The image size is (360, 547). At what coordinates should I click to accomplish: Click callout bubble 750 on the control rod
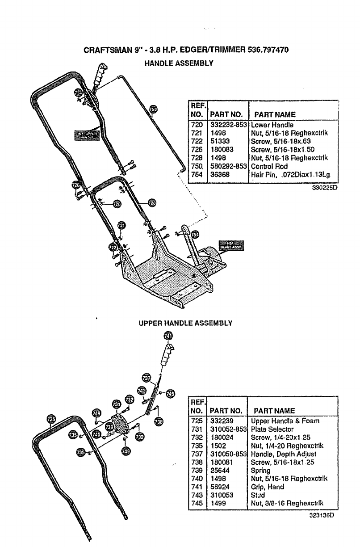(x=153, y=109)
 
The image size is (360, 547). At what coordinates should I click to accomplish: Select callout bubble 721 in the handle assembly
(x=121, y=226)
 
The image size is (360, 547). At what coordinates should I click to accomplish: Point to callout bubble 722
(x=113, y=247)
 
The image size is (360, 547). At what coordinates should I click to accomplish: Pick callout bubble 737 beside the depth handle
(x=146, y=376)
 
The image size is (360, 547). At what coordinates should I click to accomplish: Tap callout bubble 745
(x=170, y=393)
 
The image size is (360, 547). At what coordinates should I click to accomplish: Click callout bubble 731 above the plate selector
(x=116, y=404)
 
